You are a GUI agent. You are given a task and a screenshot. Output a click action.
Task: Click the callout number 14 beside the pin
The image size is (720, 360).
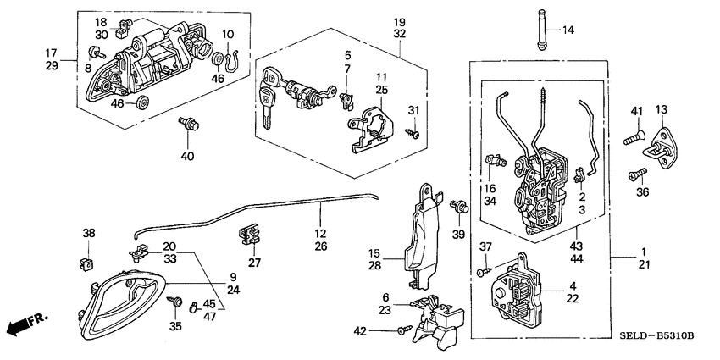tap(568, 30)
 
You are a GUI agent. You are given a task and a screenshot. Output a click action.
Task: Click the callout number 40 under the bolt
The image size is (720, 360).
tap(187, 155)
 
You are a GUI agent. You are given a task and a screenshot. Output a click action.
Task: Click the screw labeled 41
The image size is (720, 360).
tap(634, 132)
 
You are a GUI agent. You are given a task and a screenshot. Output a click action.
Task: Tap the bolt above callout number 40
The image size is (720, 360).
tap(186, 125)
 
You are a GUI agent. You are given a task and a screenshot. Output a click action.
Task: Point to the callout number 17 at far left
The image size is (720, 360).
tap(51, 53)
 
